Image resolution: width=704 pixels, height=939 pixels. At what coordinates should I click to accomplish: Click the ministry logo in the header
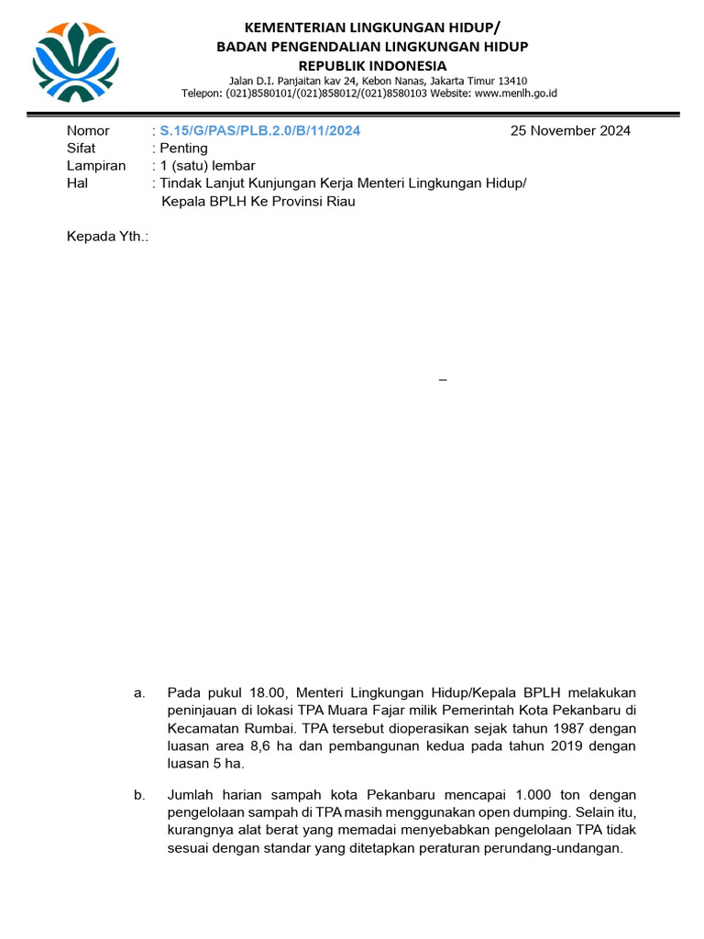(75, 61)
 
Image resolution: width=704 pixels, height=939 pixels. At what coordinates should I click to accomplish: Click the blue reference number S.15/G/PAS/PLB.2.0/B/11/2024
(259, 130)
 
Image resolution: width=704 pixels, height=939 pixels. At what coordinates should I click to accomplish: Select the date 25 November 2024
(570, 130)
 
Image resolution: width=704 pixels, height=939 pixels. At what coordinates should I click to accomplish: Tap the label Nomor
(88, 130)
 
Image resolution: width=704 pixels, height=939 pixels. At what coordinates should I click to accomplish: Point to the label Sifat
(82, 148)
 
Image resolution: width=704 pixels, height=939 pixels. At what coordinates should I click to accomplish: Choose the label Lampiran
(96, 165)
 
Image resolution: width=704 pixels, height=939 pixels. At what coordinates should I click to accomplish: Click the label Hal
(77, 182)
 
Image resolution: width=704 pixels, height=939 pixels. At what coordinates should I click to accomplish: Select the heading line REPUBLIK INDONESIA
(372, 65)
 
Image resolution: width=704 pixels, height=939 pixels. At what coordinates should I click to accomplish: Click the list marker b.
(139, 794)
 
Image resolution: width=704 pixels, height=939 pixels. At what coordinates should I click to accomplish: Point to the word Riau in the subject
(336, 201)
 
